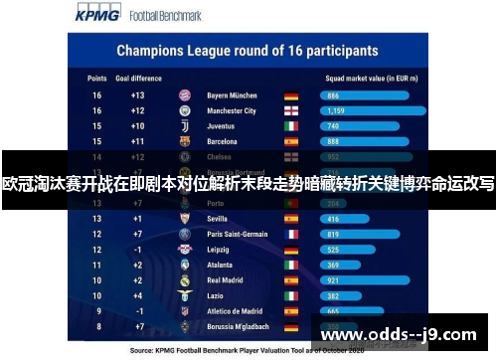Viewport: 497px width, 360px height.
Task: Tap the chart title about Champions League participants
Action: (x=248, y=50)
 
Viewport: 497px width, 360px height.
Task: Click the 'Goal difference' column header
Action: (x=137, y=77)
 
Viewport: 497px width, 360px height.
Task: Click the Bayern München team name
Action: (x=232, y=95)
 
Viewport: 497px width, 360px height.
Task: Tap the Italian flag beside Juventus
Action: (x=291, y=127)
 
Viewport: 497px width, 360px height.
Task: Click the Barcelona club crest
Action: (x=184, y=142)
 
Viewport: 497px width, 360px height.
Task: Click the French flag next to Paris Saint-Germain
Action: (x=291, y=234)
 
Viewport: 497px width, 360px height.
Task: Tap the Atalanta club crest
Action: (x=184, y=266)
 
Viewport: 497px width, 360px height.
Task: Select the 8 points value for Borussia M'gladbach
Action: (x=97, y=327)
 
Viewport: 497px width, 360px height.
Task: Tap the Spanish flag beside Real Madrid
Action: (x=291, y=281)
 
